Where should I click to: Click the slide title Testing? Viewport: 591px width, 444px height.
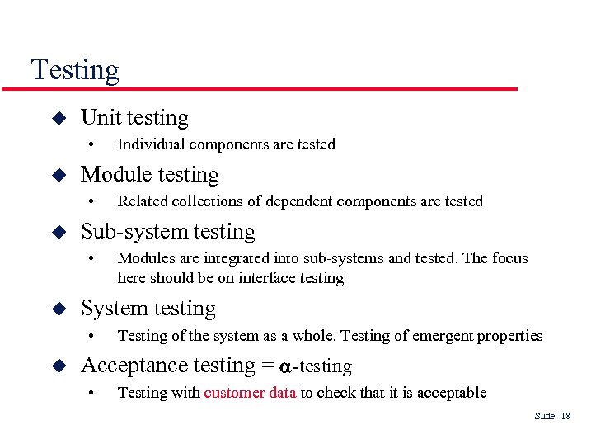(75, 70)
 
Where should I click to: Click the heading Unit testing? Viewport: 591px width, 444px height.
(134, 118)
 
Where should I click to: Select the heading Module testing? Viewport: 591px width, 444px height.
(149, 175)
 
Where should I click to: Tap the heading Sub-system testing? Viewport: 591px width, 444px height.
(167, 232)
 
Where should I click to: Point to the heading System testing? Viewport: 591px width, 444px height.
(148, 309)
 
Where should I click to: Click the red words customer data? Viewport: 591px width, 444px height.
(250, 393)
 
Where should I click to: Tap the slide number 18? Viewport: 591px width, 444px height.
(565, 416)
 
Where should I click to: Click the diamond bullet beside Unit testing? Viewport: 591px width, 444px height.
(58, 118)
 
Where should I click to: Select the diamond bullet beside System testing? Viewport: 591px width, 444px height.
(58, 309)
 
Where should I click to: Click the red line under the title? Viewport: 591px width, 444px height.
(272, 88)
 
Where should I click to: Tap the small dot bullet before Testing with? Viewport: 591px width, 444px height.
(93, 393)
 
